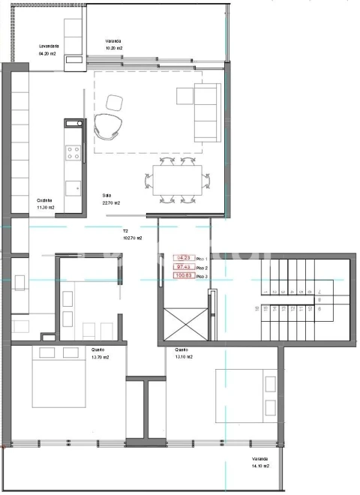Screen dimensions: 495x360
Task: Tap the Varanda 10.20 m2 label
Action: [113, 44]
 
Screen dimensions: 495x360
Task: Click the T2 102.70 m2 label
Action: [132, 235]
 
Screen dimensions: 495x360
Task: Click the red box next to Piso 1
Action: [183, 257]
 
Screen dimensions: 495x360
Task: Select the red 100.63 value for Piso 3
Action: [183, 275]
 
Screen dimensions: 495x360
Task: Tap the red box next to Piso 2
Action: [183, 266]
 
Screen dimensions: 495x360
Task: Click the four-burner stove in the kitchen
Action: [74, 153]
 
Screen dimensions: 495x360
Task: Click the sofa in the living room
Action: [206, 112]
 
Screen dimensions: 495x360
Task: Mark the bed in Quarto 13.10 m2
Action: [244, 395]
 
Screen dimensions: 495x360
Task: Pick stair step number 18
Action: [257, 307]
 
